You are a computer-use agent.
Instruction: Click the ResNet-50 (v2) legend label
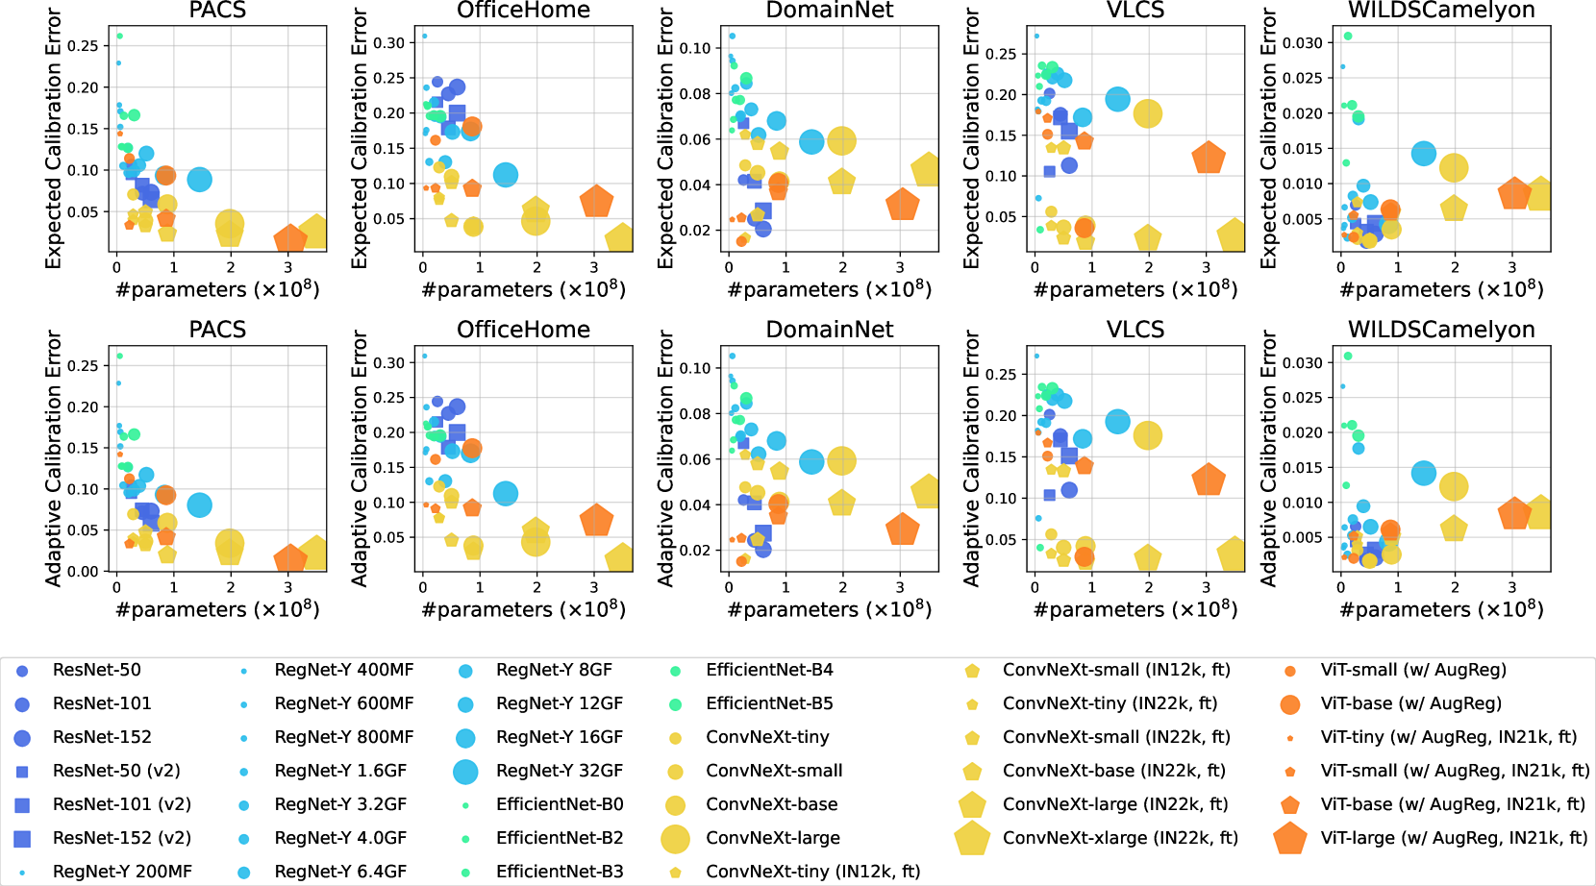click(116, 771)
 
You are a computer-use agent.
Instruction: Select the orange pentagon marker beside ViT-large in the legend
click(1289, 838)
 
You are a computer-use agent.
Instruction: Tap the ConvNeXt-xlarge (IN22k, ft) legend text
click(1120, 838)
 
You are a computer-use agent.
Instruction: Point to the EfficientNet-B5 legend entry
click(769, 703)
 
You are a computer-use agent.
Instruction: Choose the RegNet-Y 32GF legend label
click(560, 771)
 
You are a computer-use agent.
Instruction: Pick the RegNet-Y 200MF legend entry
click(122, 872)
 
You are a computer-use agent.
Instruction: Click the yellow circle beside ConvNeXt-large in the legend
click(675, 838)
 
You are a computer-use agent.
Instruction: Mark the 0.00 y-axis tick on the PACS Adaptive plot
click(83, 571)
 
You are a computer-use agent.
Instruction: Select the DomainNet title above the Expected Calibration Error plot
click(829, 11)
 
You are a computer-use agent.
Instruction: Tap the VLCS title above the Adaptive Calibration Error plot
click(1135, 330)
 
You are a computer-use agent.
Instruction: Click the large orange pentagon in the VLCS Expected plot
click(1208, 158)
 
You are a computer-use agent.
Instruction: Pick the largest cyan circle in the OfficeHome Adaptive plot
click(506, 493)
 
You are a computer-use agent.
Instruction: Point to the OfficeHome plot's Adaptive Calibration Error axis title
click(360, 458)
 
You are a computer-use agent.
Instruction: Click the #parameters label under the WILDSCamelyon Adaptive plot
click(1441, 609)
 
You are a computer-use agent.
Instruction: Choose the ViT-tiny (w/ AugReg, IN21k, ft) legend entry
click(1448, 737)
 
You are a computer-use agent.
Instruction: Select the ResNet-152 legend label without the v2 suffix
click(102, 737)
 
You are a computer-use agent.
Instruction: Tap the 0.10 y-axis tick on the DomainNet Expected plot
click(695, 48)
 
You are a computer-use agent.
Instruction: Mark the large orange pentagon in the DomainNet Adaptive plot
click(902, 529)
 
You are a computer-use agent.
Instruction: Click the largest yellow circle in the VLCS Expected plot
click(1147, 113)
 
